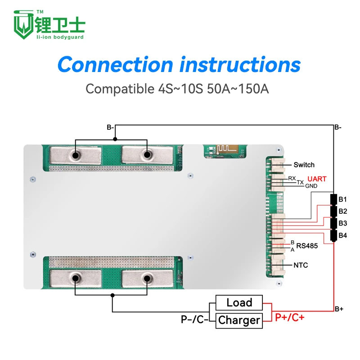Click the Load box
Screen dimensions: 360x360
(239, 303)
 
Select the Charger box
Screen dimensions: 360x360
(239, 320)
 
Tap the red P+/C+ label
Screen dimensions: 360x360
(290, 318)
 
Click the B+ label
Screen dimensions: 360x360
(339, 309)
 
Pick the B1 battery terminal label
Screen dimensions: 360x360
(343, 199)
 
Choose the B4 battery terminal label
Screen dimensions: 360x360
(343, 235)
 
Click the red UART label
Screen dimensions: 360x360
(317, 179)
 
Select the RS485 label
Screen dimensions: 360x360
(307, 246)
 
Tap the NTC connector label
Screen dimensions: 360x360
(301, 265)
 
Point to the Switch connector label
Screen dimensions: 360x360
(304, 165)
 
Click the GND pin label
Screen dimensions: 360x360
(311, 186)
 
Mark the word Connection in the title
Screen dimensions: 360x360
(115, 64)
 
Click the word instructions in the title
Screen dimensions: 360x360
(240, 64)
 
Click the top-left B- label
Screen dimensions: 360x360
(110, 127)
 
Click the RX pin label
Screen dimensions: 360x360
(292, 179)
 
